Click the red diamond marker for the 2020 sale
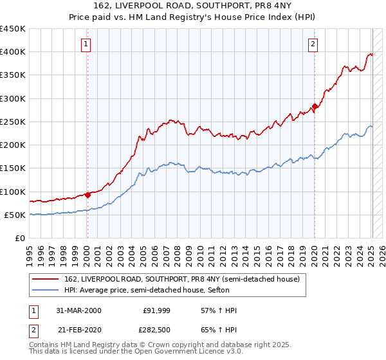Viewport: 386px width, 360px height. [x=315, y=107]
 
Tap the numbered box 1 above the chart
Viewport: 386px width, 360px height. [x=86, y=44]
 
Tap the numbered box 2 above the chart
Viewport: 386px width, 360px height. [x=313, y=44]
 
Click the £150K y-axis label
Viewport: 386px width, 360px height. [x=13, y=168]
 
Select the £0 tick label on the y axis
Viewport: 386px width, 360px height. [x=19, y=238]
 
